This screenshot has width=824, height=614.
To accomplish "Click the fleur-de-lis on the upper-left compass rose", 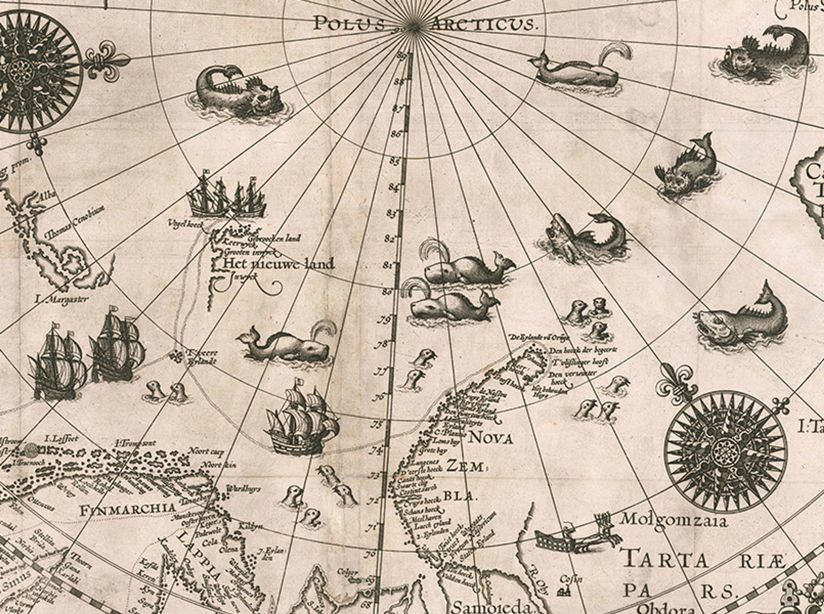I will [x=108, y=59].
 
